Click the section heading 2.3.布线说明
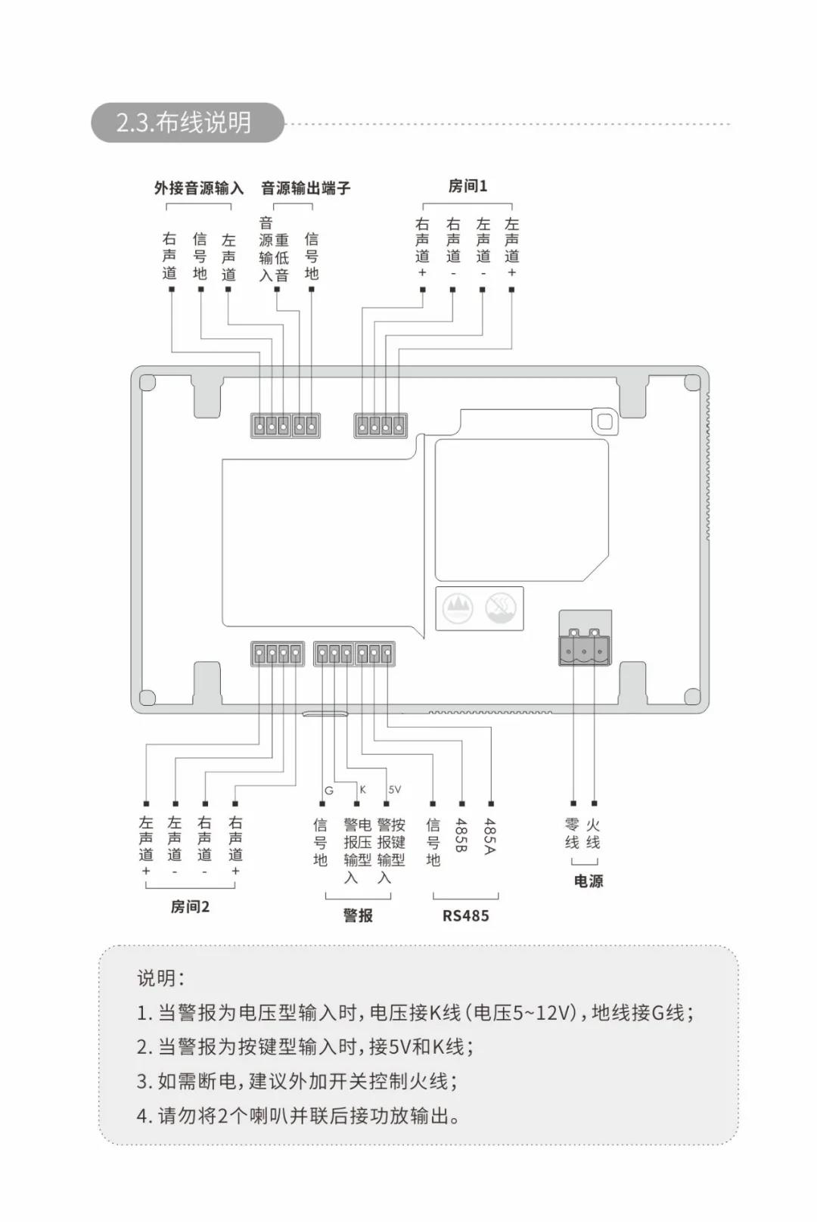[184, 123]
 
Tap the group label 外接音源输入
[199, 188]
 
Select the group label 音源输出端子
[306, 188]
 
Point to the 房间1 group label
[468, 186]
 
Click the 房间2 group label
[190, 906]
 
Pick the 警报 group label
[358, 915]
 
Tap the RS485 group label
[466, 915]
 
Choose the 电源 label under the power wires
[589, 881]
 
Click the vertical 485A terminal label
[490, 835]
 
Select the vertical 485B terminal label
[461, 835]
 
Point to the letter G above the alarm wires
[329, 791]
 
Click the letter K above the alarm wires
[362, 790]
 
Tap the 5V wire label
[395, 790]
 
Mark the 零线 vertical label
[572, 833]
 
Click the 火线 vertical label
[593, 833]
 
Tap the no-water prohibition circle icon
[500, 607]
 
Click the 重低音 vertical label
[281, 257]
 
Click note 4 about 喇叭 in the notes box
[299, 1115]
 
